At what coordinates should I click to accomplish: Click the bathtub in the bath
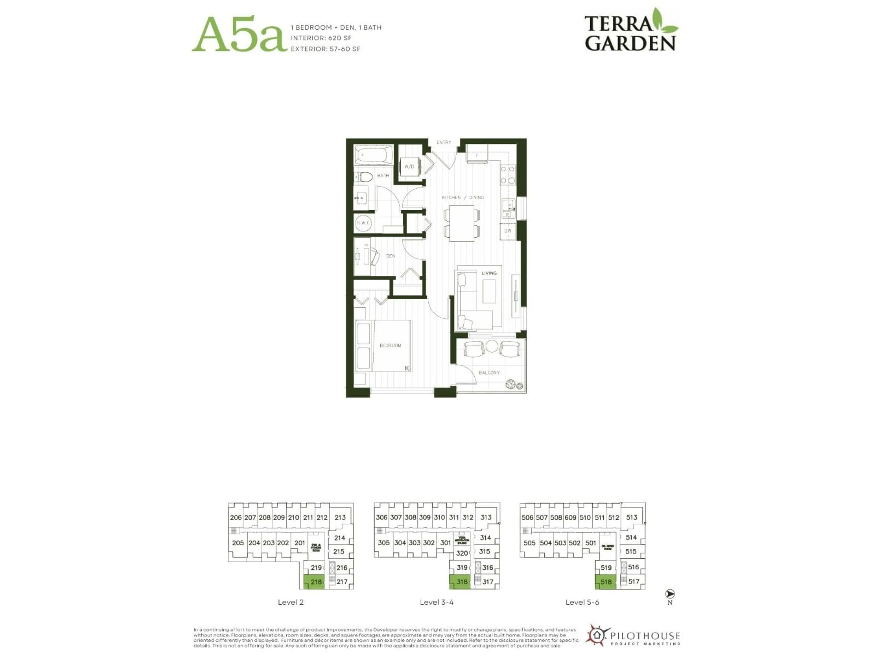pos(373,155)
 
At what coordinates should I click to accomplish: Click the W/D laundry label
pos(409,167)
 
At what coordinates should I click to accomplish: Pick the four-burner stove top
pos(507,174)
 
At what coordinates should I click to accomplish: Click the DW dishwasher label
pos(507,231)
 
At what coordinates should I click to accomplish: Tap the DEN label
pos(390,256)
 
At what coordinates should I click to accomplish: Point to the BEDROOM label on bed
pos(390,345)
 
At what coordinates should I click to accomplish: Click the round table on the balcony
pos(491,346)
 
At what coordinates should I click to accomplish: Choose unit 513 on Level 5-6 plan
pos(631,517)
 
